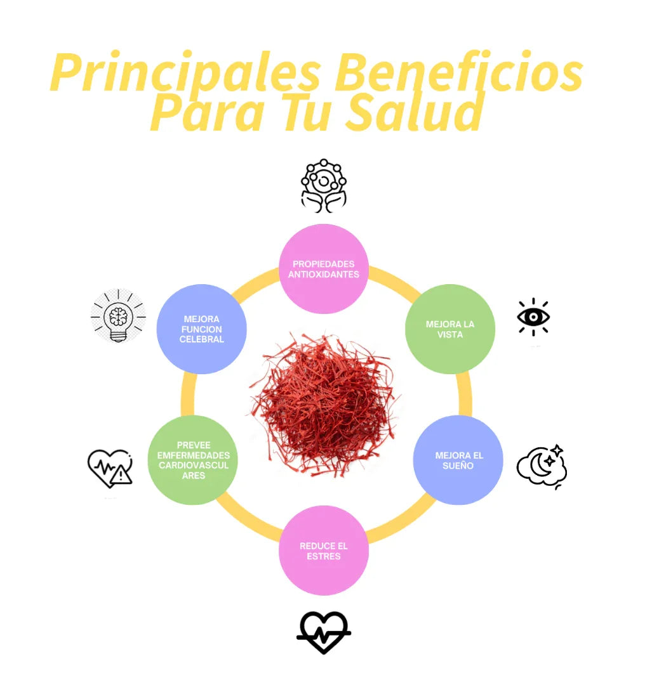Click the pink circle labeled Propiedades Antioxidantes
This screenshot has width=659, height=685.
[324, 269]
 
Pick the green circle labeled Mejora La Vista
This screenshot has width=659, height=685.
[450, 329]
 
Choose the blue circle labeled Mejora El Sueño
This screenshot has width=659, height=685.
[458, 460]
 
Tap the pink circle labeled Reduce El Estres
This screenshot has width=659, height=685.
[324, 550]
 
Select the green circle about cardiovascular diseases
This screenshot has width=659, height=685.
[194, 460]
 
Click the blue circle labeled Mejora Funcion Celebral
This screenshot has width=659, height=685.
[201, 329]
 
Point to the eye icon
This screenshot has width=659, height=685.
[533, 316]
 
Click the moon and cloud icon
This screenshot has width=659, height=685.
[542, 467]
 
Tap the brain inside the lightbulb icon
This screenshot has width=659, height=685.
[119, 316]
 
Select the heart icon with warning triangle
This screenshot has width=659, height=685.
[110, 468]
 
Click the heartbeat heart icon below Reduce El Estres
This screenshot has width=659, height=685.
[324, 632]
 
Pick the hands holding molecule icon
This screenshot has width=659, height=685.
[324, 185]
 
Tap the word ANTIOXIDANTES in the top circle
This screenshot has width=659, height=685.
[324, 275]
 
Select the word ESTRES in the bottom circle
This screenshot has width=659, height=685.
[324, 556]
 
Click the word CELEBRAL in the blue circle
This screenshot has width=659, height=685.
[201, 339]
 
